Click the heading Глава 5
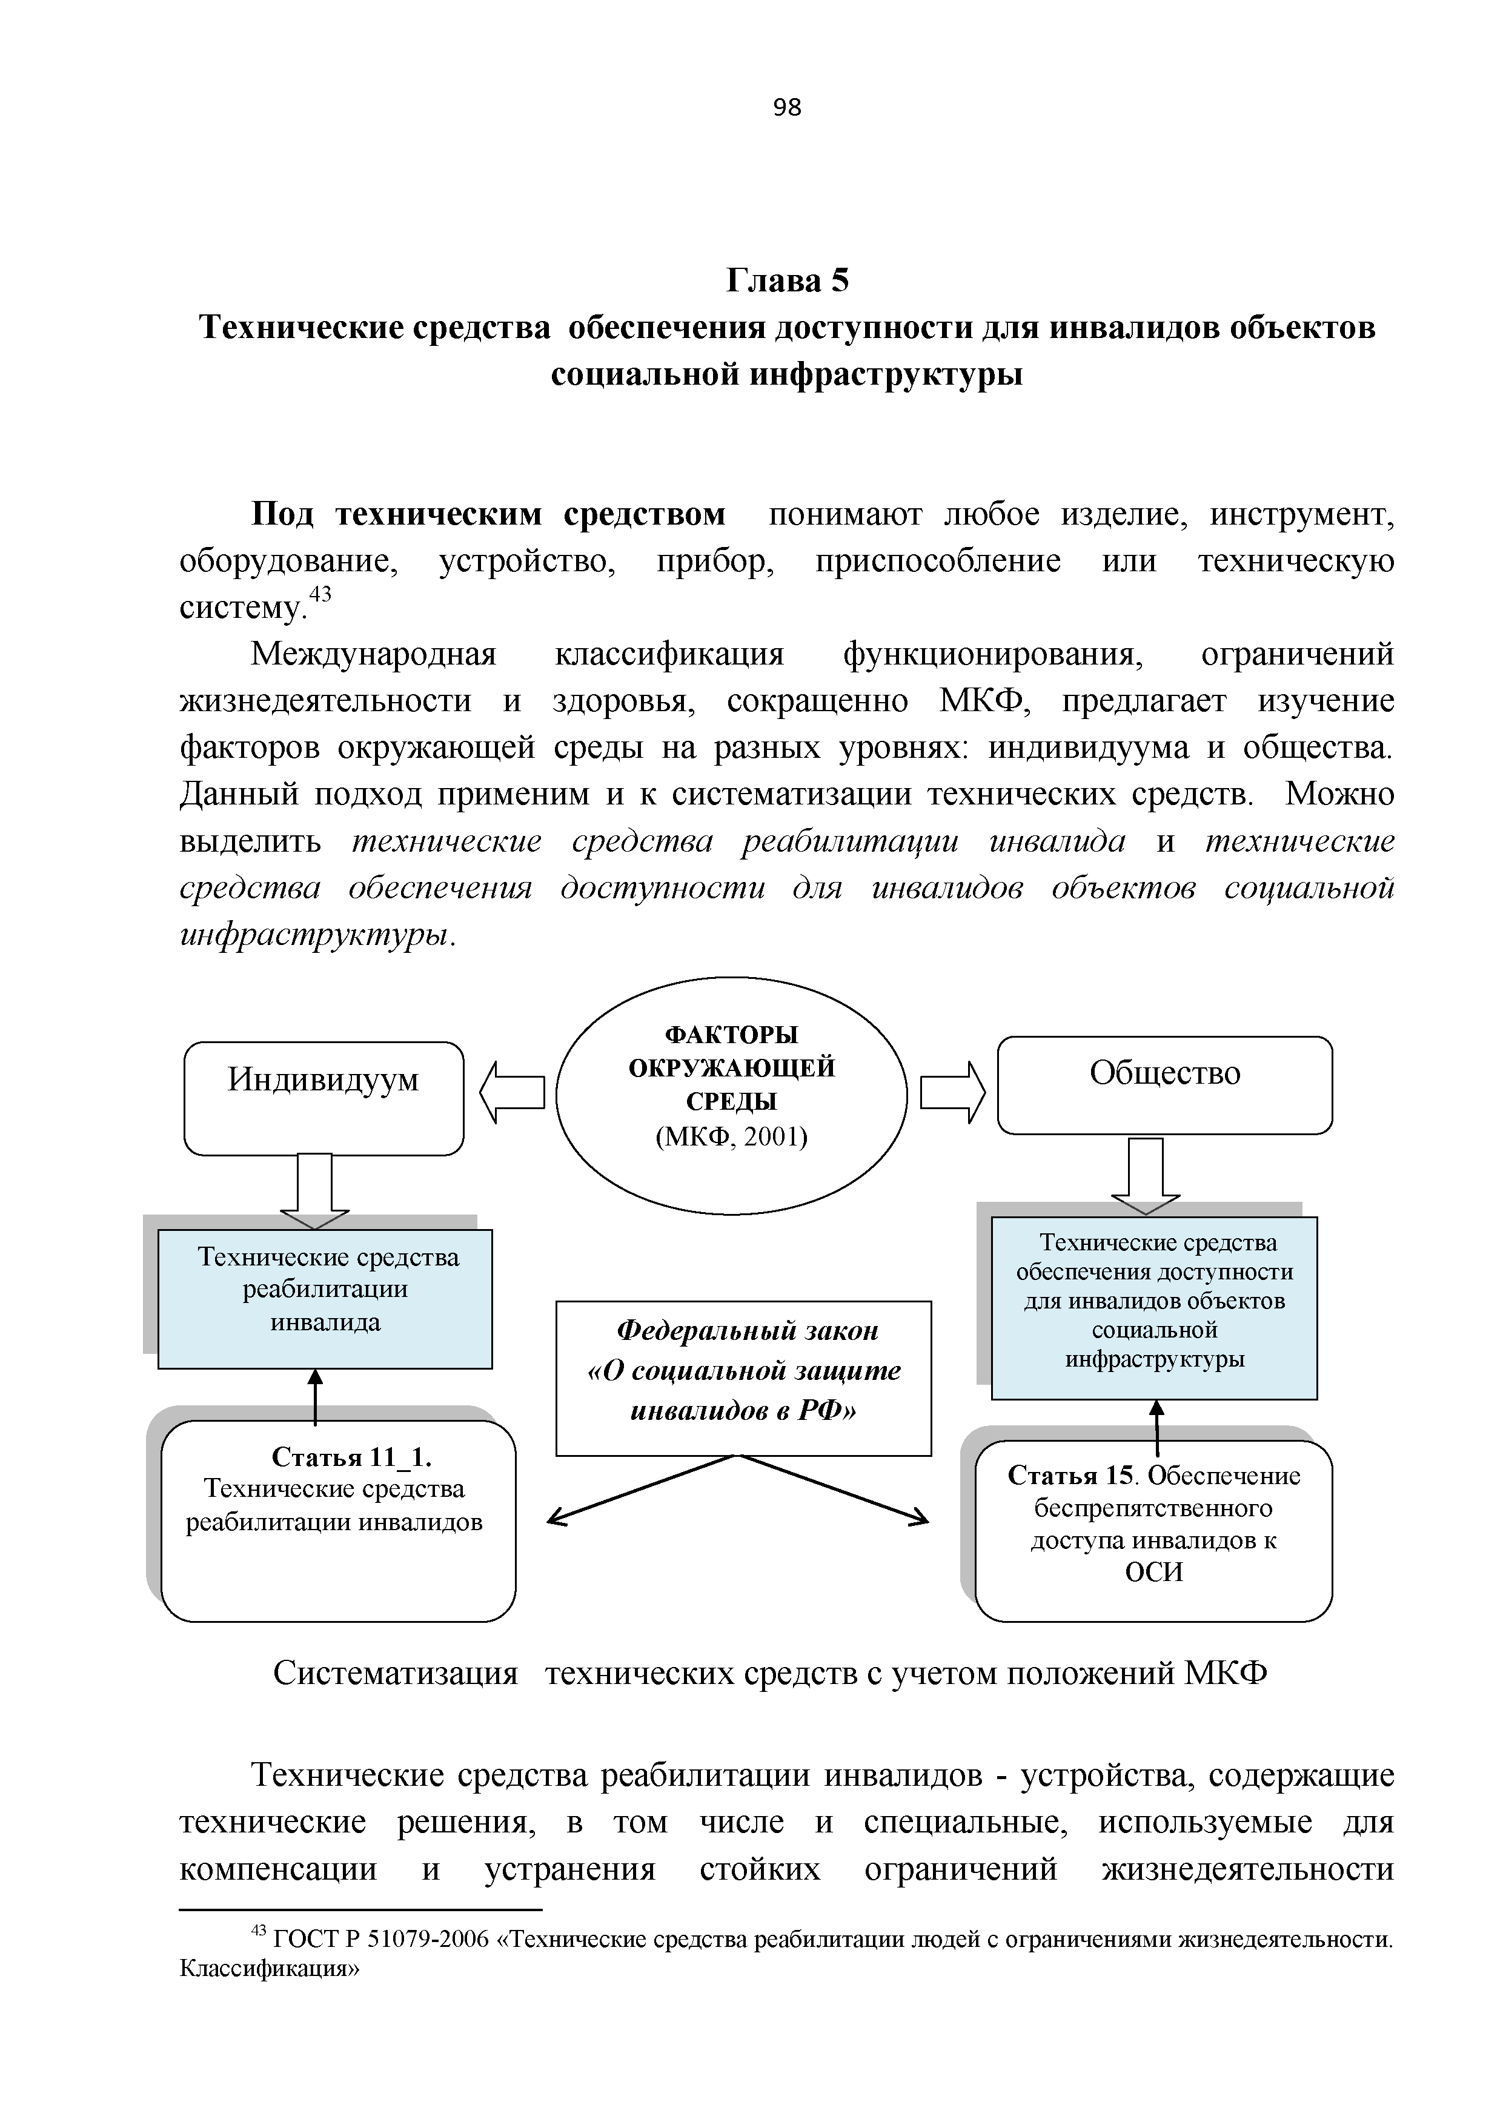(x=787, y=279)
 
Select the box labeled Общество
(x=1164, y=1085)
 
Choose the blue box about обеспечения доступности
(x=1154, y=1307)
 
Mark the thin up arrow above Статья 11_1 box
(x=316, y=1397)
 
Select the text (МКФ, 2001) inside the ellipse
(x=731, y=1136)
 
